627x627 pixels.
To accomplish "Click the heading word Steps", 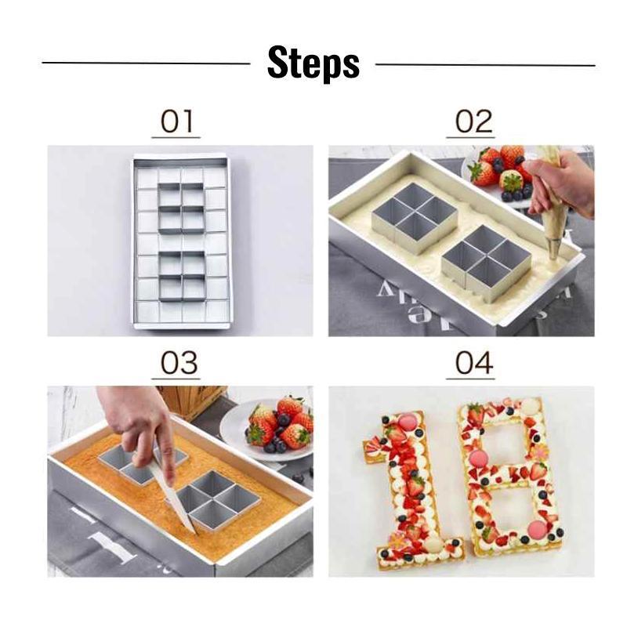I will click(x=313, y=63).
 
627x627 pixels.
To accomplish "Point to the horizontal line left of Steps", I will click(x=145, y=63).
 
